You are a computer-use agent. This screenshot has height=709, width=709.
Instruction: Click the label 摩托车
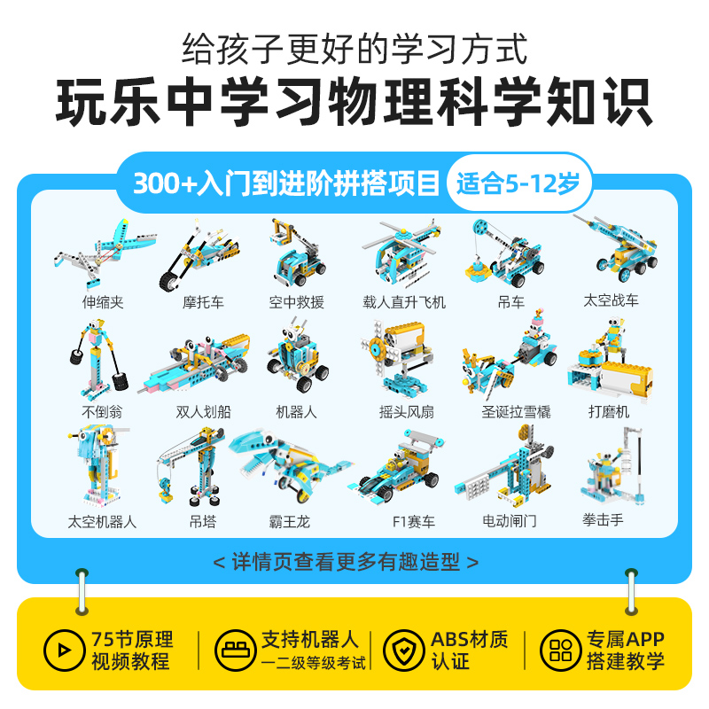[203, 302]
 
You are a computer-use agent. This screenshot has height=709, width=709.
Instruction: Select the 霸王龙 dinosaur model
[290, 465]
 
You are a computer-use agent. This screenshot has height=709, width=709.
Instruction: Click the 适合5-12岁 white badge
[518, 183]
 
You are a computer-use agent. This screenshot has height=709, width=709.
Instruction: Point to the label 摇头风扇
[404, 411]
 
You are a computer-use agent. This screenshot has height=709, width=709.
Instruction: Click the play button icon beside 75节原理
[64, 651]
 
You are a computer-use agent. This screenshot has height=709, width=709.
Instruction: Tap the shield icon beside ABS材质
[403, 651]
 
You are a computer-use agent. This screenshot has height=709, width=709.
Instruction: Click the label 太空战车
[611, 300]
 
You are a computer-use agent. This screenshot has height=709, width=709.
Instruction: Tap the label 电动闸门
[509, 521]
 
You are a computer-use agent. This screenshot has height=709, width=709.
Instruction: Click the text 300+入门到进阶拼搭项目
[286, 183]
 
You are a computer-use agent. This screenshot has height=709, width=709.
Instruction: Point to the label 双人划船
[203, 411]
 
